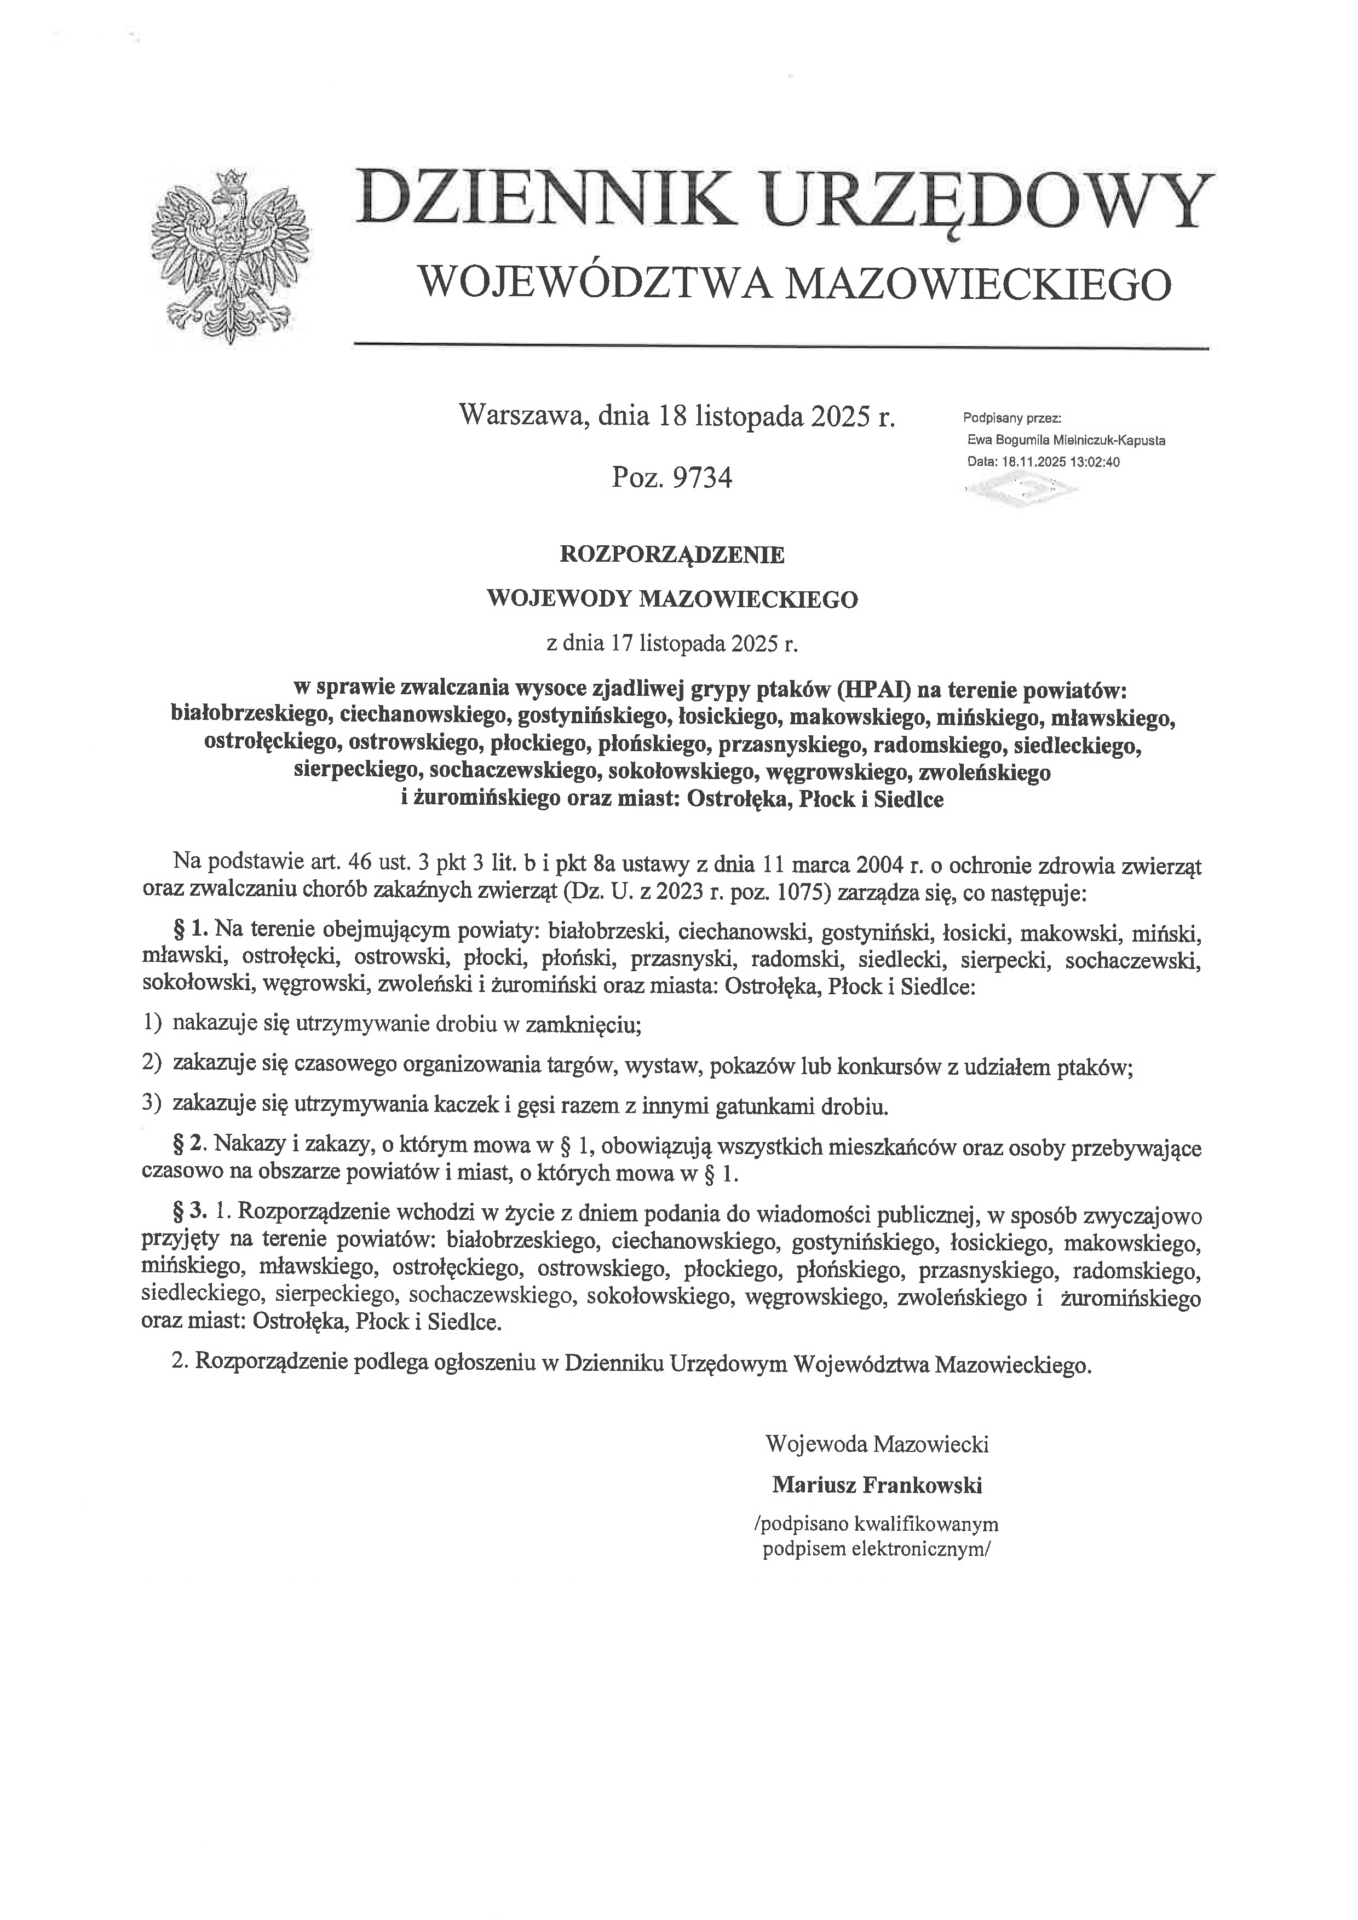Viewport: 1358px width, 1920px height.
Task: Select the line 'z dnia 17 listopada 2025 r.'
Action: click(672, 644)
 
